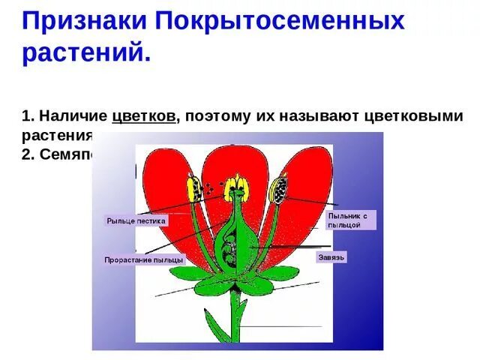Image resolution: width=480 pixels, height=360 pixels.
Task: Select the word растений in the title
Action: coord(85,54)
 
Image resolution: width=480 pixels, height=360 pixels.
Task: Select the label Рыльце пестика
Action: coord(136,221)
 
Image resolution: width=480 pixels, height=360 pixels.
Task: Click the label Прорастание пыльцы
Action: coord(143,259)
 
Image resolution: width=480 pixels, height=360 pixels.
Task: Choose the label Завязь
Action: coord(331,257)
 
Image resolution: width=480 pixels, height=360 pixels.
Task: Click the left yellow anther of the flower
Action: coord(193,188)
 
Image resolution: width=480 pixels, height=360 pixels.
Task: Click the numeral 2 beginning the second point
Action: coord(26,153)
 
